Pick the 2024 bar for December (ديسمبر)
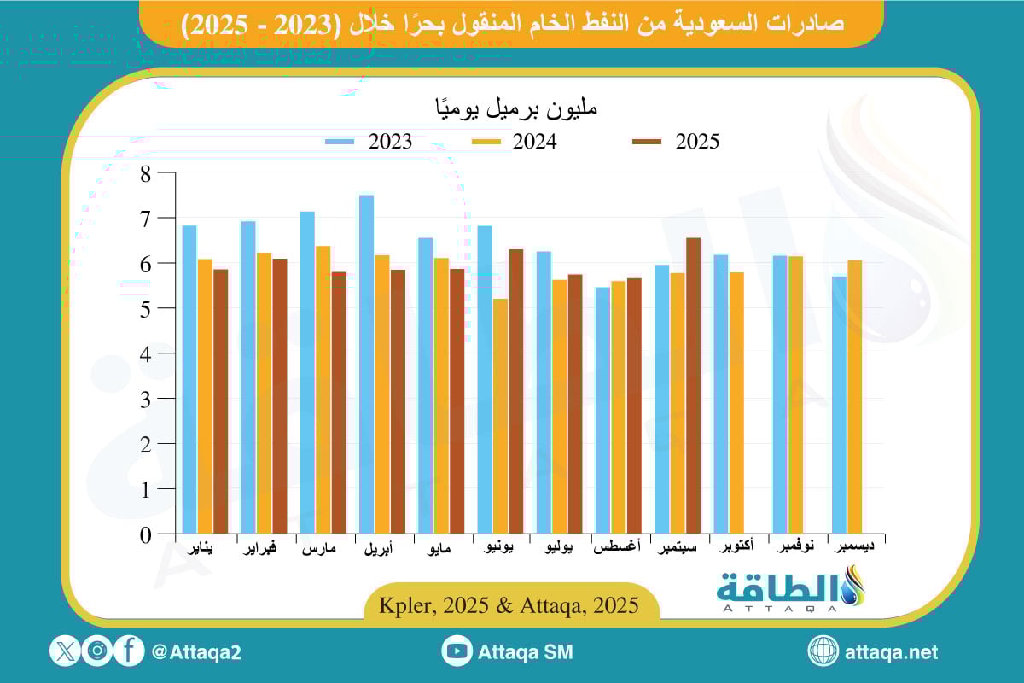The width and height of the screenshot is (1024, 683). point(854,397)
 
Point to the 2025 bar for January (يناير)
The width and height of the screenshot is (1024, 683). point(221,401)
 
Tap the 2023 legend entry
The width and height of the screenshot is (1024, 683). point(369,142)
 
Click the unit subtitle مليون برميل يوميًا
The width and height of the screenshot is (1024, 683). point(512,109)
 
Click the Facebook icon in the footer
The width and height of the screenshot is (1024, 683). point(129,651)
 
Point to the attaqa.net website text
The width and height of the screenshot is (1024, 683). point(891,652)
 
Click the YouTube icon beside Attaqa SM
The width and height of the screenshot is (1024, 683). point(457,651)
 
